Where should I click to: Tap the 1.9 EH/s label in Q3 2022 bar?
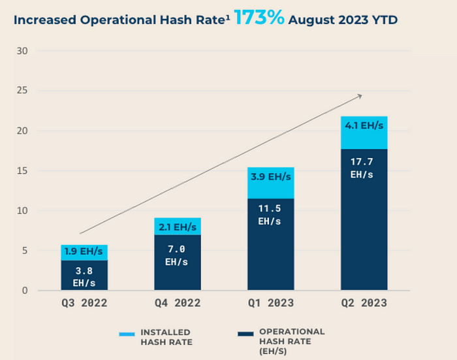pyautogui.click(x=84, y=251)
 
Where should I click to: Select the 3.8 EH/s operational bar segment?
pyautogui.click(x=84, y=275)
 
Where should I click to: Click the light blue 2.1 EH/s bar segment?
pyautogui.click(x=178, y=226)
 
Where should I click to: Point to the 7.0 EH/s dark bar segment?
pyautogui.click(x=178, y=263)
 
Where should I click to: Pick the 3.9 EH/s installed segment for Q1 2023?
pyautogui.click(x=271, y=183)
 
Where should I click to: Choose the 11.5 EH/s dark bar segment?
pyautogui.click(x=271, y=244)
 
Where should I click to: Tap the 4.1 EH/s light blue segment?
pyautogui.click(x=364, y=133)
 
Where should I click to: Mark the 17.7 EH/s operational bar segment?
pyautogui.click(x=364, y=220)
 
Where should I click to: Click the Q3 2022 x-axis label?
pyautogui.click(x=84, y=303)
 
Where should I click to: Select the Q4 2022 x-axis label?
pyautogui.click(x=178, y=303)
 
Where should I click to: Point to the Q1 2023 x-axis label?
pyautogui.click(x=271, y=303)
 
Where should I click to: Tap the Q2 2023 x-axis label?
pyautogui.click(x=364, y=303)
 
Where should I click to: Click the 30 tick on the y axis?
pyautogui.click(x=22, y=51)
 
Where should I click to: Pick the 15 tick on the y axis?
pyautogui.click(x=22, y=171)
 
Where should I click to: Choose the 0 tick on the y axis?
pyautogui.click(x=25, y=291)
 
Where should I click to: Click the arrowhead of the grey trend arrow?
pyautogui.click(x=360, y=96)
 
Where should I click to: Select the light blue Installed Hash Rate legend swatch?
pyautogui.click(x=127, y=334)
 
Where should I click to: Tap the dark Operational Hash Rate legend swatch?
pyautogui.click(x=245, y=334)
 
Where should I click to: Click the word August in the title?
pyautogui.click(x=311, y=20)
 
